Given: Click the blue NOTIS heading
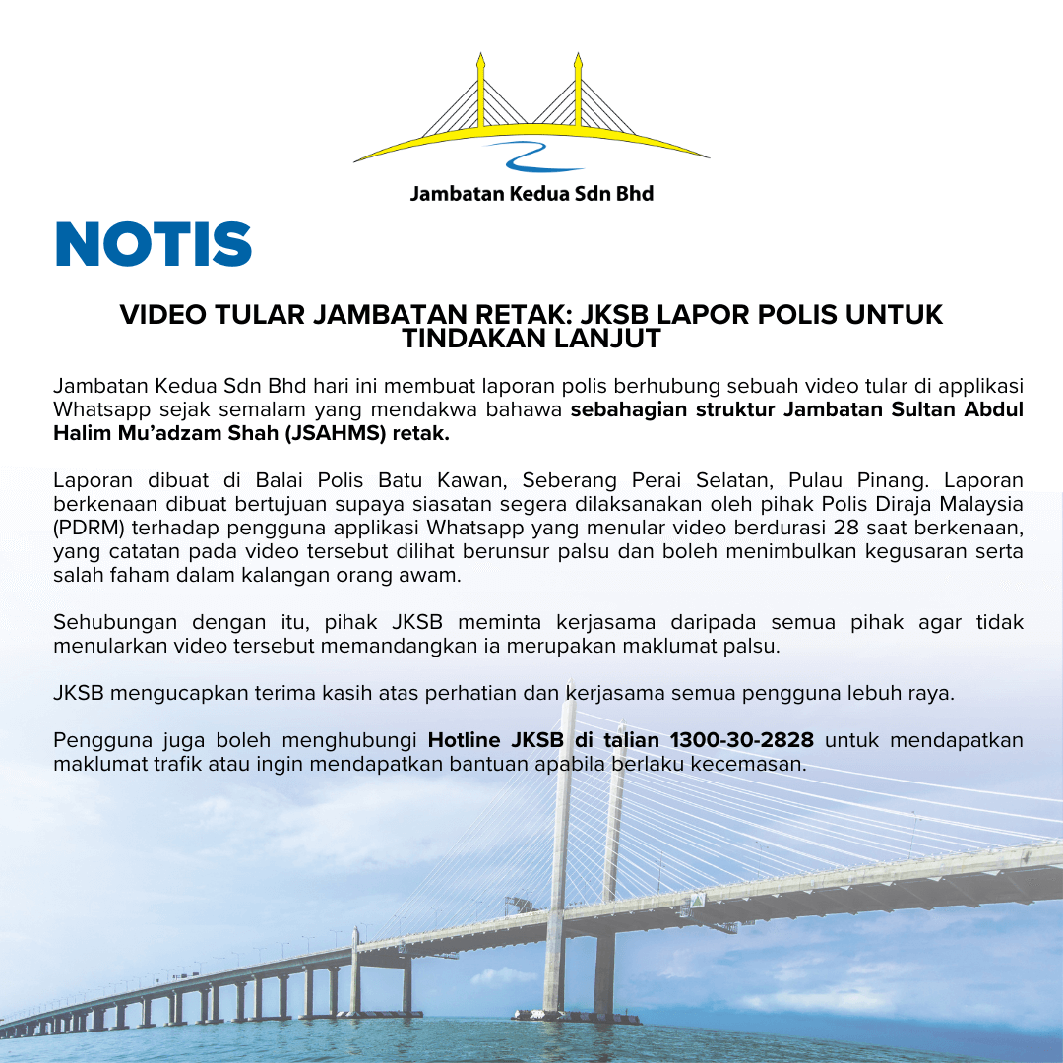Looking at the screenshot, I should pyautogui.click(x=154, y=244).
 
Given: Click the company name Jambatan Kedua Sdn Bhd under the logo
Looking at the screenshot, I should pyautogui.click(x=531, y=193).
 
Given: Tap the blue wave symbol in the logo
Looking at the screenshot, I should pyautogui.click(x=531, y=155).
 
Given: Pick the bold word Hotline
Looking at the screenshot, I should pyautogui.click(x=466, y=740).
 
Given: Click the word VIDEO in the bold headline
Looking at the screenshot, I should pyautogui.click(x=156, y=315).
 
